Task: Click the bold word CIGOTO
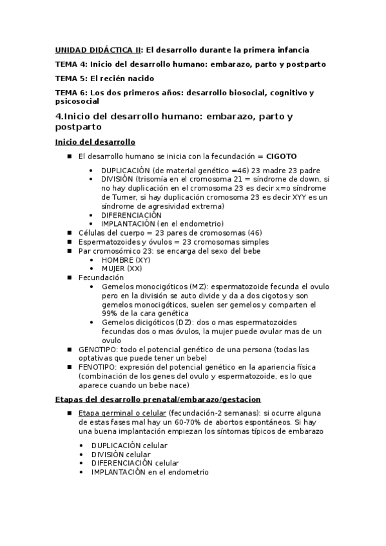(x=281, y=156)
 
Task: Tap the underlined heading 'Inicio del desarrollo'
(x=95, y=142)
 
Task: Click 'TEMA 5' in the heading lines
(x=70, y=79)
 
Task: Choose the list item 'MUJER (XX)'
(x=122, y=268)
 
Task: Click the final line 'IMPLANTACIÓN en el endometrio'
(x=150, y=472)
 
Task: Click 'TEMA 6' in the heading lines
(x=70, y=93)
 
